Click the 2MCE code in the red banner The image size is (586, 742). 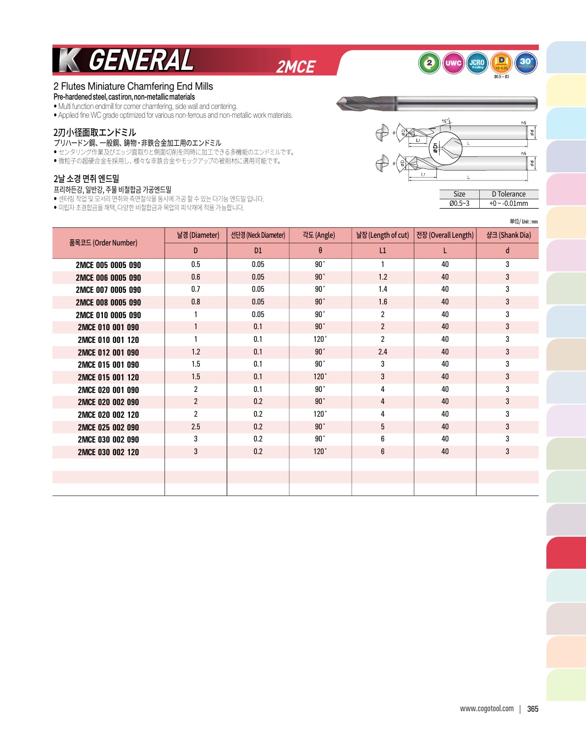click(295, 67)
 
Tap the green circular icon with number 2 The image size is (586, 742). click(429, 63)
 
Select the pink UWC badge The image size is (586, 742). click(453, 63)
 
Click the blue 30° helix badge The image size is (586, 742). click(526, 63)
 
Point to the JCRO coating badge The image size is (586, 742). click(477, 63)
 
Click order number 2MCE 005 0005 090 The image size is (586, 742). click(108, 265)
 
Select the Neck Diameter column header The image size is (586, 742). click(258, 235)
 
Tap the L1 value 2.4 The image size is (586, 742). click(382, 352)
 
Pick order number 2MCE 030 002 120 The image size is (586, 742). click(108, 452)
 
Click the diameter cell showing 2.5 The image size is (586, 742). click(195, 427)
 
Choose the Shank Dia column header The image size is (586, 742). click(508, 235)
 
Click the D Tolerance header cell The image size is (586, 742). click(508, 194)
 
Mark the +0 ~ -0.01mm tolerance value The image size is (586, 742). click(508, 203)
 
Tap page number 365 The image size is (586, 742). click(533, 709)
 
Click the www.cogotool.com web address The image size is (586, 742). click(487, 708)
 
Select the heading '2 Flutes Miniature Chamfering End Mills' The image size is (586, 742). click(133, 86)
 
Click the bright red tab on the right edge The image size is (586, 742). click(566, 552)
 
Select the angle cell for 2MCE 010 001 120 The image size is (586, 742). click(320, 339)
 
